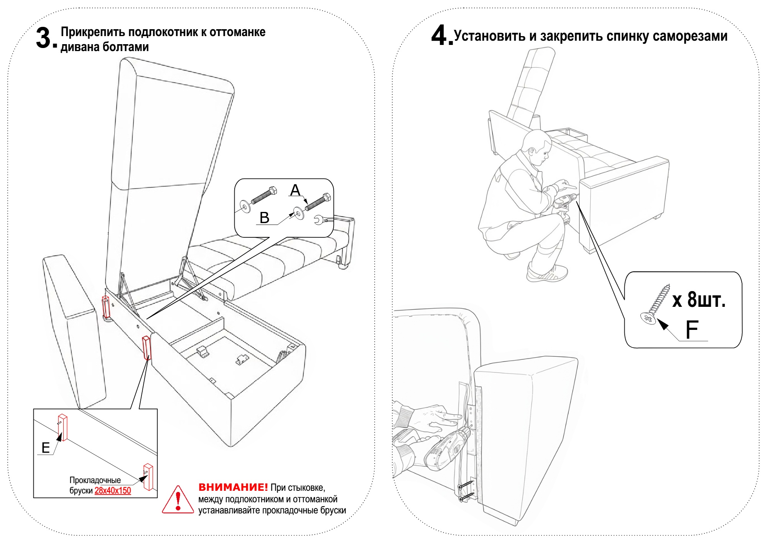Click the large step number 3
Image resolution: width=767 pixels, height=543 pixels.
tap(44, 38)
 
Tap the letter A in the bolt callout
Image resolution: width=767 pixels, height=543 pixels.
tap(295, 190)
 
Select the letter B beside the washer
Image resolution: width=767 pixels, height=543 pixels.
tap(264, 218)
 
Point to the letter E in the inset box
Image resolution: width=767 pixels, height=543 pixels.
tap(46, 448)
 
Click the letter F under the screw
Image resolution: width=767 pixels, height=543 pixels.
tap(692, 329)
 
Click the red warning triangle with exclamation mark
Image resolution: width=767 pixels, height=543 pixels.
tap(178, 500)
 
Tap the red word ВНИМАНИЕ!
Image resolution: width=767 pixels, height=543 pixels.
tap(233, 487)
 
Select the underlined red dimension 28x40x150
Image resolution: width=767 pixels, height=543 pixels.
tap(113, 490)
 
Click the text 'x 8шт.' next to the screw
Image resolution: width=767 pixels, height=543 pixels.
tap(699, 300)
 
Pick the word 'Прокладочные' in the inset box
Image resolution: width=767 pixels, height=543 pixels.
tap(95, 480)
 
